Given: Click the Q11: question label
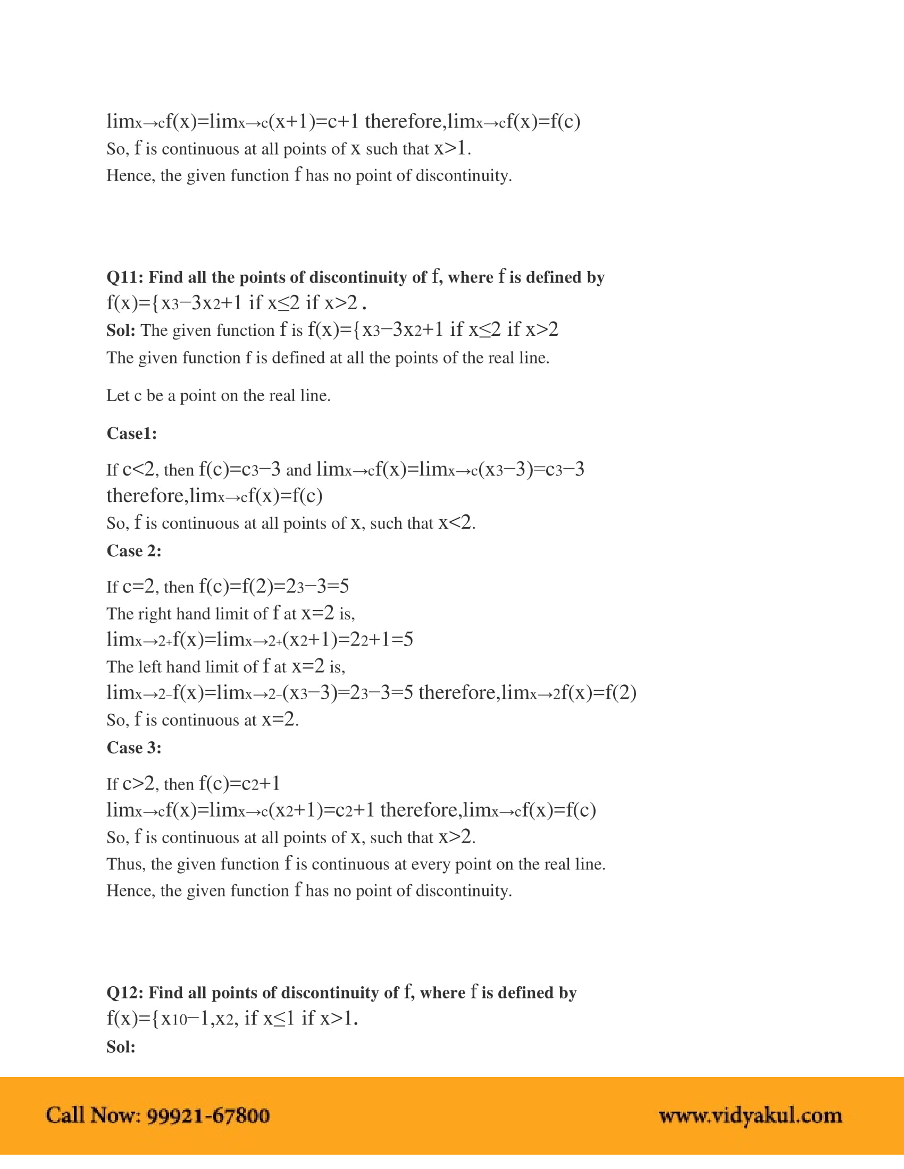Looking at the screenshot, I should tap(125, 277).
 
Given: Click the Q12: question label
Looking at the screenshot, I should tap(125, 993).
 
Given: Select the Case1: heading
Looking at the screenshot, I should tap(132, 433).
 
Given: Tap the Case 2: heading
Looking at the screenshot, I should tap(134, 551).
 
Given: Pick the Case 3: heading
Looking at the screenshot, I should tap(134, 748).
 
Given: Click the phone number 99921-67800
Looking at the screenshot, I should tap(208, 1115).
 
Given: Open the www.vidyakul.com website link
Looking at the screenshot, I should tap(750, 1115).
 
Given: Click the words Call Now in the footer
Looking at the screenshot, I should tap(91, 1115).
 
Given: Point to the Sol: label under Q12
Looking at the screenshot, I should tap(121, 1046).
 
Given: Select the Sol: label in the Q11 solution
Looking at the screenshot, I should tap(121, 331).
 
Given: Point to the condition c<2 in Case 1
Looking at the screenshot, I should tap(139, 469).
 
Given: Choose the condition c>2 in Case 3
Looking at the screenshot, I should tap(139, 784).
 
